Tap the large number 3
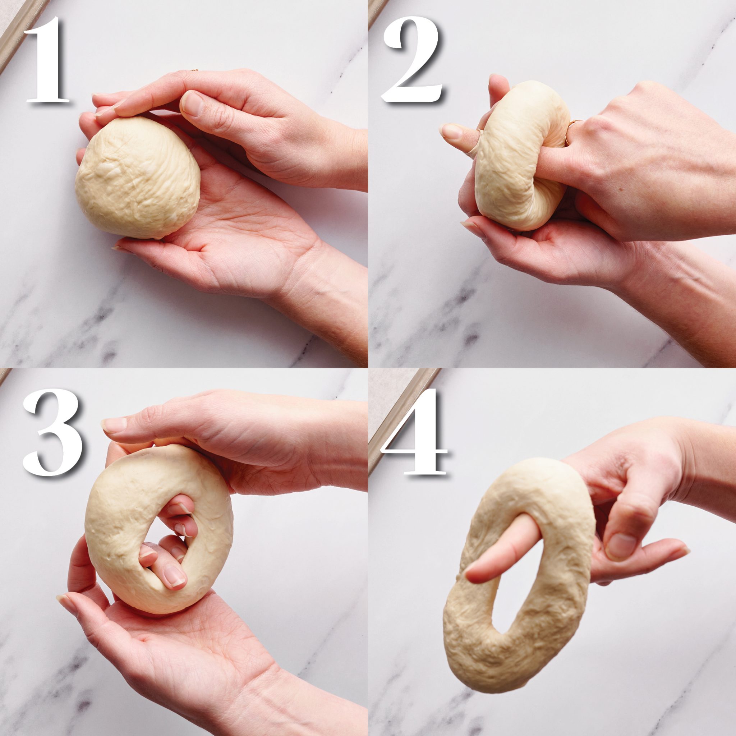pos(53,432)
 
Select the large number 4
pos(415,432)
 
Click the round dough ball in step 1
pos(137,177)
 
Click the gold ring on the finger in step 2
pos(571,129)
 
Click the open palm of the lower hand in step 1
pos(229,229)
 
